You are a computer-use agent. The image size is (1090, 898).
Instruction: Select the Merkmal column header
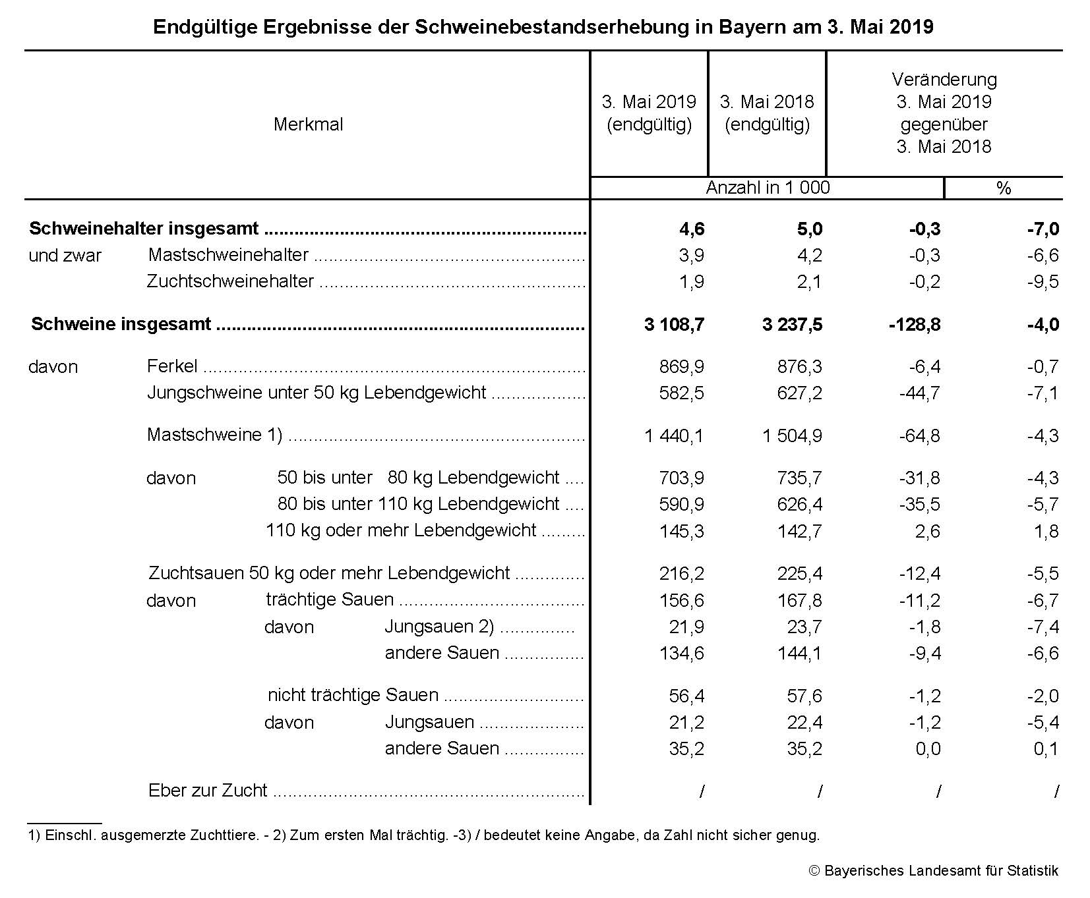pyautogui.click(x=308, y=125)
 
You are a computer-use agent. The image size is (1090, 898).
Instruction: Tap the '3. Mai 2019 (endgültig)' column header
pyautogui.click(x=649, y=113)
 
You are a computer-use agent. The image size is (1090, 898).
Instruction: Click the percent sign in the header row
pyautogui.click(x=1003, y=188)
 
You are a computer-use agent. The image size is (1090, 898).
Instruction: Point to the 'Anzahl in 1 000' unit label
pyautogui.click(x=768, y=188)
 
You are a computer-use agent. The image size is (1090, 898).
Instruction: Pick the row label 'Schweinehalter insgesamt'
pyautogui.click(x=144, y=229)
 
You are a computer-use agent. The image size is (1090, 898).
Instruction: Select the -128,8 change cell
pyautogui.click(x=915, y=324)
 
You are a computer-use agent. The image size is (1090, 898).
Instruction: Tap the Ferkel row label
pyautogui.click(x=172, y=366)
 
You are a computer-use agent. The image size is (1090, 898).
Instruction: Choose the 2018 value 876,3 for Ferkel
pyautogui.click(x=799, y=366)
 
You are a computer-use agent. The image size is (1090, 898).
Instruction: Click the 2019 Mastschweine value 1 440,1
pyautogui.click(x=673, y=435)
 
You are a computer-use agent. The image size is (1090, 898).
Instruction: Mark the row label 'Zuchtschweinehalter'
pyautogui.click(x=230, y=281)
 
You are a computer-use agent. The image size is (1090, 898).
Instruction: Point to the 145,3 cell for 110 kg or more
pyautogui.click(x=681, y=531)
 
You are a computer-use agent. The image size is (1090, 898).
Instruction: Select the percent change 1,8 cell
pyautogui.click(x=1046, y=531)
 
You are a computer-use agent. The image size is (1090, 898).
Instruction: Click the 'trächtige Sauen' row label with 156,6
pyautogui.click(x=330, y=600)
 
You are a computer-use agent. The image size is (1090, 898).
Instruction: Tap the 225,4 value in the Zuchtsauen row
pyautogui.click(x=799, y=573)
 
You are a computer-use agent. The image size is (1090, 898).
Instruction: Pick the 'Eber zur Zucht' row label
pyautogui.click(x=208, y=791)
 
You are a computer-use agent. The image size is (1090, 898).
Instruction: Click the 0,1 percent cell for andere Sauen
pyautogui.click(x=1046, y=748)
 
